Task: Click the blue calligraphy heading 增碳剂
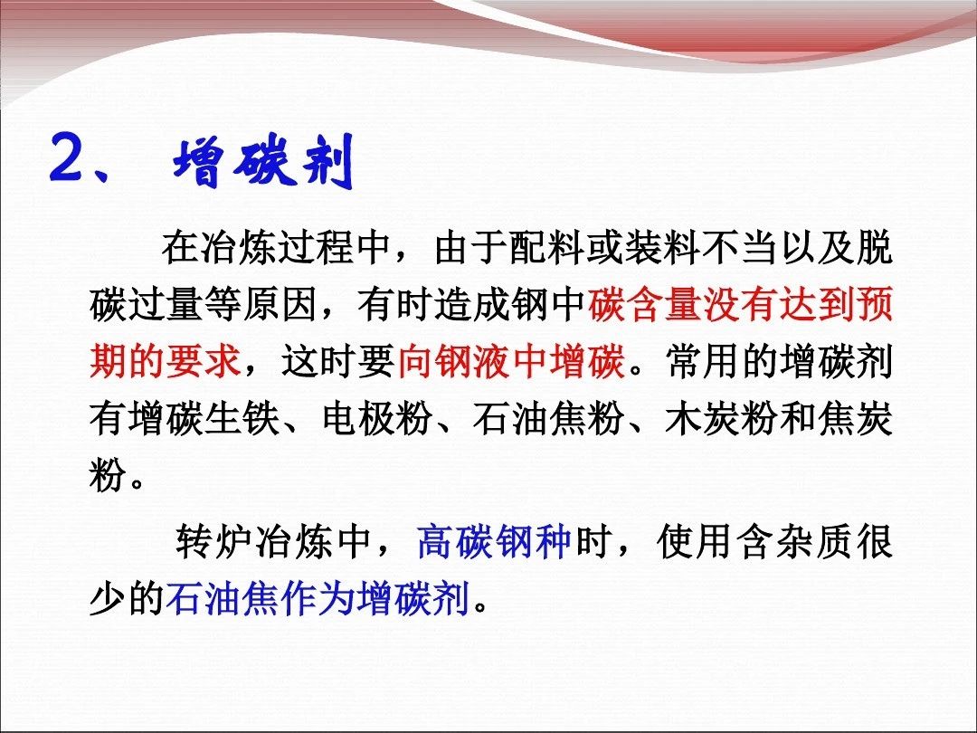[x=263, y=162]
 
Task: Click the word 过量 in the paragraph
[x=166, y=305]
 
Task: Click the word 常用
[x=703, y=361]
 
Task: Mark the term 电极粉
[x=376, y=418]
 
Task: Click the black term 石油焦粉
[x=549, y=418]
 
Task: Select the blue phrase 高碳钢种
[x=494, y=540]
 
